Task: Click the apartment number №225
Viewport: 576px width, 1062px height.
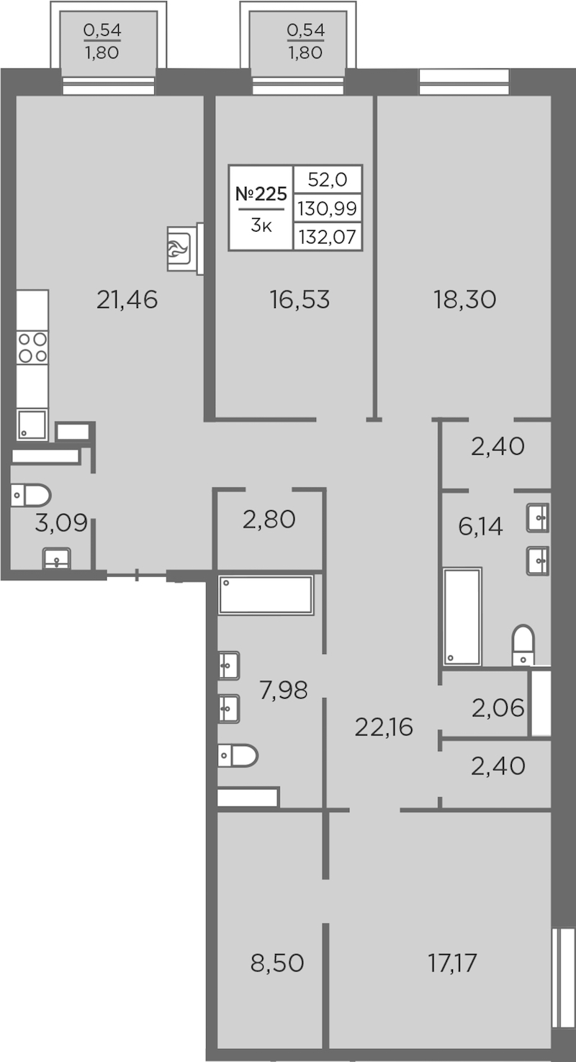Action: click(x=261, y=194)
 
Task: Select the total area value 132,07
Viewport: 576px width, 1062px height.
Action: click(x=328, y=237)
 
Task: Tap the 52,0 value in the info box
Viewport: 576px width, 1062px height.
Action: click(x=328, y=179)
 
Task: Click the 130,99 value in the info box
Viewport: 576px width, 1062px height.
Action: click(x=328, y=208)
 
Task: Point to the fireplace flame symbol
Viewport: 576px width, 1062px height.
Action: click(x=179, y=249)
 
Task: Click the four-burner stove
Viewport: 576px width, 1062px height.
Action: click(x=32, y=348)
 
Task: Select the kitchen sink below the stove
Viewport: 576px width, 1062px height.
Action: click(x=32, y=425)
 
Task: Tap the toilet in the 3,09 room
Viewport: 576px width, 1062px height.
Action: click(x=31, y=496)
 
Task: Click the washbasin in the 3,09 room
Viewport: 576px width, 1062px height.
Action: click(x=57, y=558)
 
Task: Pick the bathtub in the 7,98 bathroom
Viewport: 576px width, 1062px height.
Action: click(x=266, y=595)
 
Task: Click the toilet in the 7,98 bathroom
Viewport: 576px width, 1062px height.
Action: click(x=238, y=755)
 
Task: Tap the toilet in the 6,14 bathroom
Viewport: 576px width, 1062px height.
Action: click(x=523, y=645)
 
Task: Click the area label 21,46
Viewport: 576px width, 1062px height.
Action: click(x=127, y=299)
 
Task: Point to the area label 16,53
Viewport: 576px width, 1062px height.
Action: click(x=300, y=299)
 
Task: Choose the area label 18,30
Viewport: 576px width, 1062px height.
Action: click(x=465, y=299)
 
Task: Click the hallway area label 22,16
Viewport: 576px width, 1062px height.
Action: click(x=384, y=727)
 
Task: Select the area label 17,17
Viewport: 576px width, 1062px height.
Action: click(x=453, y=963)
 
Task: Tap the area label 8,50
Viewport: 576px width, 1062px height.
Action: click(x=277, y=963)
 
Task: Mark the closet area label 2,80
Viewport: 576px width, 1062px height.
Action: click(x=269, y=519)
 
